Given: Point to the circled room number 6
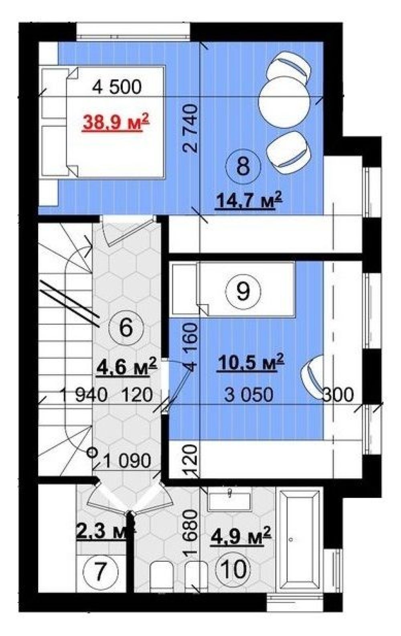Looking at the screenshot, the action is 127,328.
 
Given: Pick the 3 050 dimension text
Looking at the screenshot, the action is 249,394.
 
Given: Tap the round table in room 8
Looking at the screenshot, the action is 284,101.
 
